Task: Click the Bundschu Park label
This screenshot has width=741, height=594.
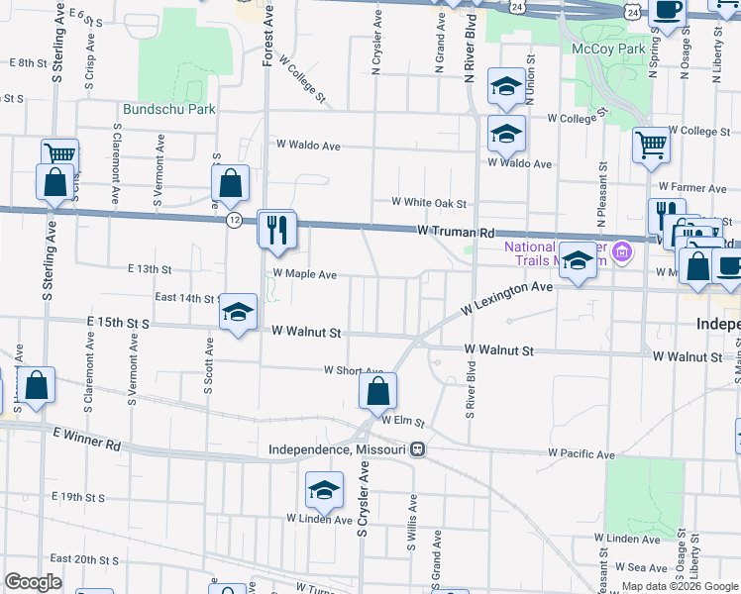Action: pyautogui.click(x=169, y=109)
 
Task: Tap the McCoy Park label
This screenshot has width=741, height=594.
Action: pyautogui.click(x=608, y=49)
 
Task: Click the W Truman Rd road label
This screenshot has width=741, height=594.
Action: pyautogui.click(x=455, y=232)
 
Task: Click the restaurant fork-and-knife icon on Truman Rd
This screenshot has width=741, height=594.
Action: pyautogui.click(x=276, y=229)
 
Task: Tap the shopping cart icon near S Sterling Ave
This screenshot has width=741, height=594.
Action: pyautogui.click(x=59, y=155)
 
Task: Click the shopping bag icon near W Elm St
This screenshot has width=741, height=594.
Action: pyautogui.click(x=377, y=391)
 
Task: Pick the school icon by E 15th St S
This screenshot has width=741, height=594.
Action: pyautogui.click(x=238, y=313)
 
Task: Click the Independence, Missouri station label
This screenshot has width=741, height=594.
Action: pyautogui.click(x=338, y=449)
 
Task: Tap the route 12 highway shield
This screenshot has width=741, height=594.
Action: pyautogui.click(x=234, y=218)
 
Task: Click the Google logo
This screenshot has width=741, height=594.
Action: pyautogui.click(x=33, y=582)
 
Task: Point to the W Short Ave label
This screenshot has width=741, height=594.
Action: pyautogui.click(x=354, y=371)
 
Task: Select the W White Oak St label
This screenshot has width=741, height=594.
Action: pyautogui.click(x=428, y=203)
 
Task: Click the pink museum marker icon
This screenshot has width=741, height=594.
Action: pyautogui.click(x=621, y=251)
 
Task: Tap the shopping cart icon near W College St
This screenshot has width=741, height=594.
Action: pyautogui.click(x=651, y=145)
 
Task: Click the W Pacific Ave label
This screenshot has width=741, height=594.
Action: pyautogui.click(x=581, y=454)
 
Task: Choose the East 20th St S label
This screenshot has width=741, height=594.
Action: pyautogui.click(x=84, y=559)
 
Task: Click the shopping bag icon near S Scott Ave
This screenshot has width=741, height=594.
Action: pyautogui.click(x=230, y=183)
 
